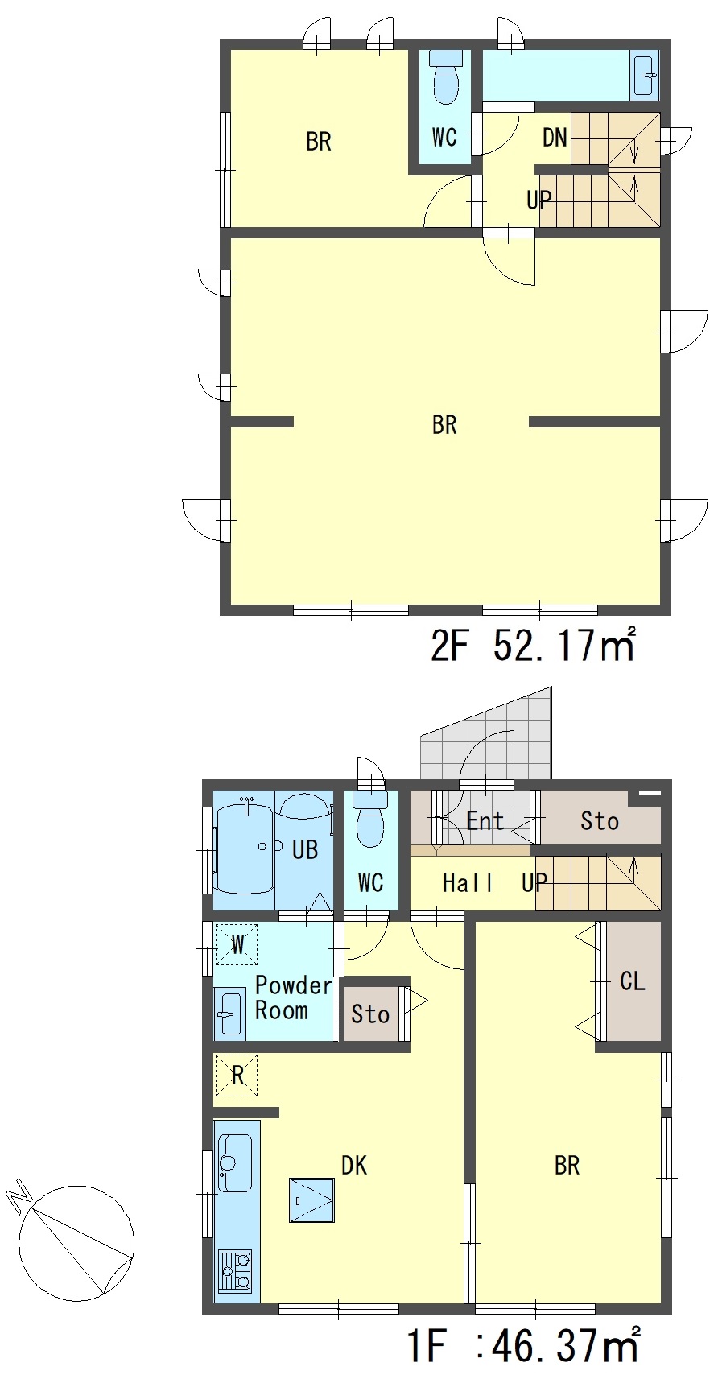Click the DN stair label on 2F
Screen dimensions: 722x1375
pos(555,138)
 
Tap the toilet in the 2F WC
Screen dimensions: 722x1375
pos(445,76)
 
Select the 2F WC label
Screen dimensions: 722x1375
pos(444,138)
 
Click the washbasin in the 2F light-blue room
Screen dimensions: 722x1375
pos(644,76)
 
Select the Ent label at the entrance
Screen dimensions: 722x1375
pos(485,820)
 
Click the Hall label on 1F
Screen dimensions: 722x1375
pos(467,882)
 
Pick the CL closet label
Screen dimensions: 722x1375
pos(632,981)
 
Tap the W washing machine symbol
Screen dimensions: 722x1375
pos(237,945)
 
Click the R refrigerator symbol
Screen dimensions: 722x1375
pos(237,1076)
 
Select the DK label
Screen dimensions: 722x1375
pos(353,1165)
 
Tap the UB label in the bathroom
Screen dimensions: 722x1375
pos(304,849)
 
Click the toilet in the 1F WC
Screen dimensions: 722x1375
pos(371,819)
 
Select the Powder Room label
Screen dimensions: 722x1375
pos(294,998)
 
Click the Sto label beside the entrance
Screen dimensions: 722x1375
pos(599,820)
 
